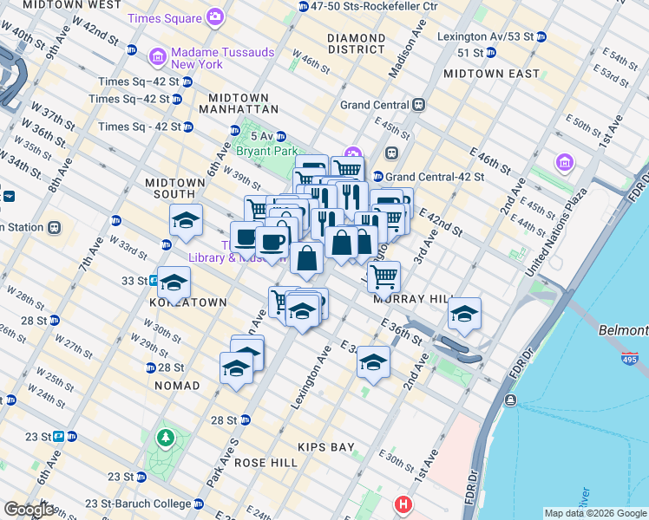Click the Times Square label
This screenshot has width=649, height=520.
pyautogui.click(x=163, y=17)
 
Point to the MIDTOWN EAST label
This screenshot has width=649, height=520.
pyautogui.click(x=490, y=74)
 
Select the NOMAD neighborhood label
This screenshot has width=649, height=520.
pyautogui.click(x=177, y=385)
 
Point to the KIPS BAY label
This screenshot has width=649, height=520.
pyautogui.click(x=326, y=447)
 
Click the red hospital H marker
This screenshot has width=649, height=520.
pyautogui.click(x=403, y=504)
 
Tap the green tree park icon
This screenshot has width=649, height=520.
pyautogui.click(x=165, y=439)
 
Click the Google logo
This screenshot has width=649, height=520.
pyautogui.click(x=29, y=510)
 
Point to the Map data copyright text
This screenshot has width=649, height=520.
pyautogui.click(x=595, y=513)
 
